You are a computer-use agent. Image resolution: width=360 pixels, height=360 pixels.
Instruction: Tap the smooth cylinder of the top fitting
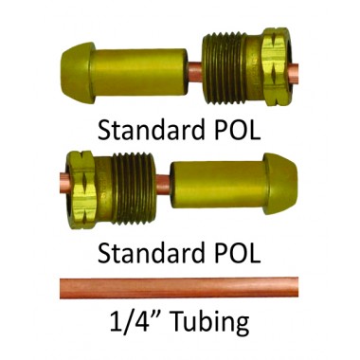[x=139, y=72]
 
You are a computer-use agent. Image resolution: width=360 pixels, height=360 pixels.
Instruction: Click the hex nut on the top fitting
[x=275, y=66]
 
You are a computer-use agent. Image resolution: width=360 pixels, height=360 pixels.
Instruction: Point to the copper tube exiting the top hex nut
[x=294, y=70]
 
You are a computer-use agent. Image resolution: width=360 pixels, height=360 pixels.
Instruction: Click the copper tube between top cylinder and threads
[x=194, y=70]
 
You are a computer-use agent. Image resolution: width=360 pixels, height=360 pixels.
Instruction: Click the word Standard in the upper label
[x=151, y=130]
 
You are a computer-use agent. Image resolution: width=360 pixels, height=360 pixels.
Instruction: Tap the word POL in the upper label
[x=238, y=130]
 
